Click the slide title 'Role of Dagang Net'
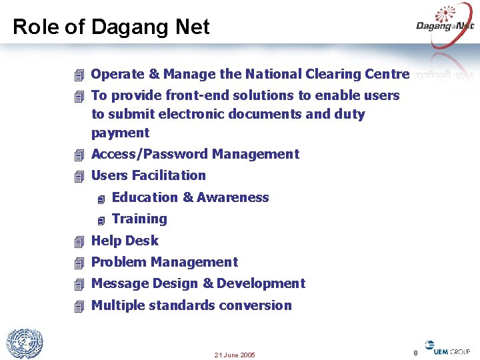click(111, 27)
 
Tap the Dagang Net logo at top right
click(445, 25)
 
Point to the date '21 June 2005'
click(235, 355)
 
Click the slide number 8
click(415, 352)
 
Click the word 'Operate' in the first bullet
click(115, 74)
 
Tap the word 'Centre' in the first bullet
click(387, 74)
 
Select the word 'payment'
click(120, 133)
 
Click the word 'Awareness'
click(233, 197)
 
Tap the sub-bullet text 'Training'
click(139, 219)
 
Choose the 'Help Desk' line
click(125, 241)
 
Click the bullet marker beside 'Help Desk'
click(79, 241)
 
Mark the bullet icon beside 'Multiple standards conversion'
click(79, 306)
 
